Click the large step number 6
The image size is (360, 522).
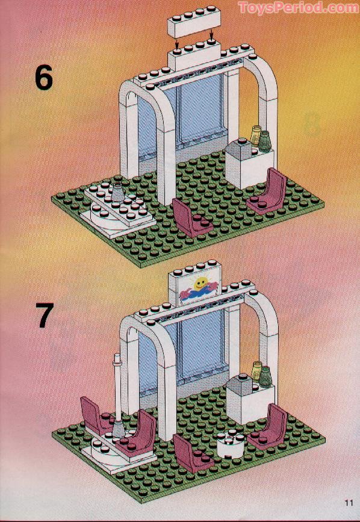[43, 78]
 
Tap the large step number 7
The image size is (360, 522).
[44, 316]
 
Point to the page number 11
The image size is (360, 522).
[349, 503]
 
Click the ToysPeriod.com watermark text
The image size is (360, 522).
[298, 8]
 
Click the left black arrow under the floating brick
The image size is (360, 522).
[177, 43]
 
